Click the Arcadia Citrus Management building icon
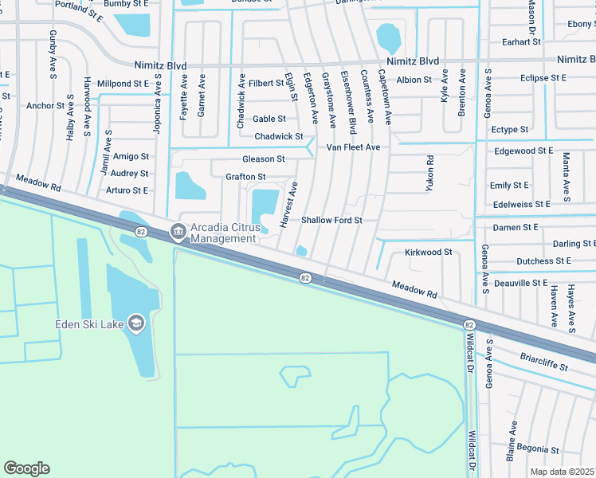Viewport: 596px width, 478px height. (x=177, y=233)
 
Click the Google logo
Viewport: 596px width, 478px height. (x=26, y=468)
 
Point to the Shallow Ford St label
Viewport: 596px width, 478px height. (x=331, y=220)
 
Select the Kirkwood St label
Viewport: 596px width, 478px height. (x=428, y=252)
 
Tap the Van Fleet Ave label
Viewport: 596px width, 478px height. (x=353, y=147)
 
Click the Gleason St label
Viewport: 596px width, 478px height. (x=263, y=159)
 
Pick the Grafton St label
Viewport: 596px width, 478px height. (x=245, y=177)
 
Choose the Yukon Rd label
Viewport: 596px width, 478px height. (x=429, y=171)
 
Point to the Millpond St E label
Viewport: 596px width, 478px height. (x=123, y=83)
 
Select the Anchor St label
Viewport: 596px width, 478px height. (x=45, y=105)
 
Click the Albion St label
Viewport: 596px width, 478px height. (x=414, y=80)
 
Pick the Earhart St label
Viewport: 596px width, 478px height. (x=522, y=41)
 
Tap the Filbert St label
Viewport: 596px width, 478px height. (x=265, y=83)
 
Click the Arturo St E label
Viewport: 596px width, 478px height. (x=127, y=190)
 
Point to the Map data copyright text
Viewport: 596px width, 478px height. (x=563, y=472)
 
